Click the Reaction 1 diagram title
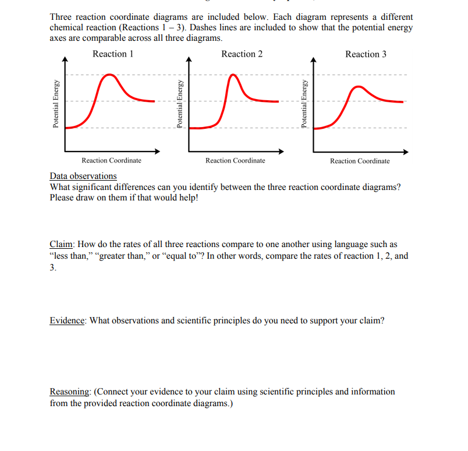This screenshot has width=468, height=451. click(x=113, y=54)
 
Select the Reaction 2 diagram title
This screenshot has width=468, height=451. click(x=242, y=54)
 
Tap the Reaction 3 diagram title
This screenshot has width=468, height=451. click(x=366, y=54)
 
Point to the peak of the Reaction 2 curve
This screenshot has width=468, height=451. click(x=233, y=75)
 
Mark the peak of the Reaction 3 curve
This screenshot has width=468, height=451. click(x=359, y=87)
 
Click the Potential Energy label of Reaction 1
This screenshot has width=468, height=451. click(x=56, y=104)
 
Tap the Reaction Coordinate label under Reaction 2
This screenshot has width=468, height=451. click(x=235, y=160)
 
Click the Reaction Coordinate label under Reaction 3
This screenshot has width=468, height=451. click(x=360, y=161)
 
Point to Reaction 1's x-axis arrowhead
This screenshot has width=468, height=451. click(x=157, y=151)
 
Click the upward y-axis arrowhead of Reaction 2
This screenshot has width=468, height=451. click(x=189, y=59)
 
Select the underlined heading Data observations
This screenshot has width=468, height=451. click(x=83, y=176)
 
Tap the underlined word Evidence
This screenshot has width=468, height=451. click(x=68, y=321)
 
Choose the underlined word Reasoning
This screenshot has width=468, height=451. click(x=69, y=392)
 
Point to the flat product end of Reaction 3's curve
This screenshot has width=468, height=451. click(x=396, y=101)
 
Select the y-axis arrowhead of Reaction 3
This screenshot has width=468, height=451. click(x=313, y=59)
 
